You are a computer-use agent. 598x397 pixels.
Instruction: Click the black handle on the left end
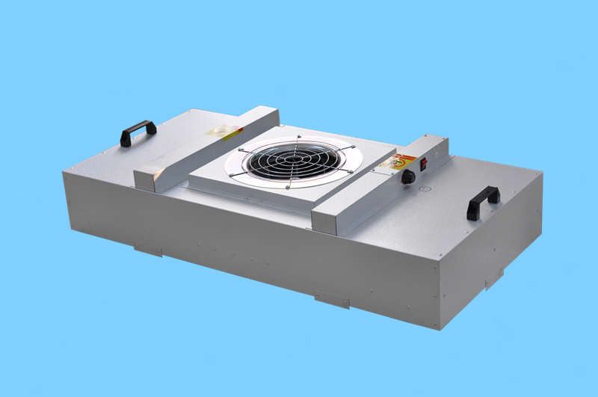(x=138, y=130)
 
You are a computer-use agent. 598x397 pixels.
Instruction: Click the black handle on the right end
(x=482, y=200)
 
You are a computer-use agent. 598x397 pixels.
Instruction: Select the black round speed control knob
(x=409, y=178)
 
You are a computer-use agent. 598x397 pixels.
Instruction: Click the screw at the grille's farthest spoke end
(x=299, y=137)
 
